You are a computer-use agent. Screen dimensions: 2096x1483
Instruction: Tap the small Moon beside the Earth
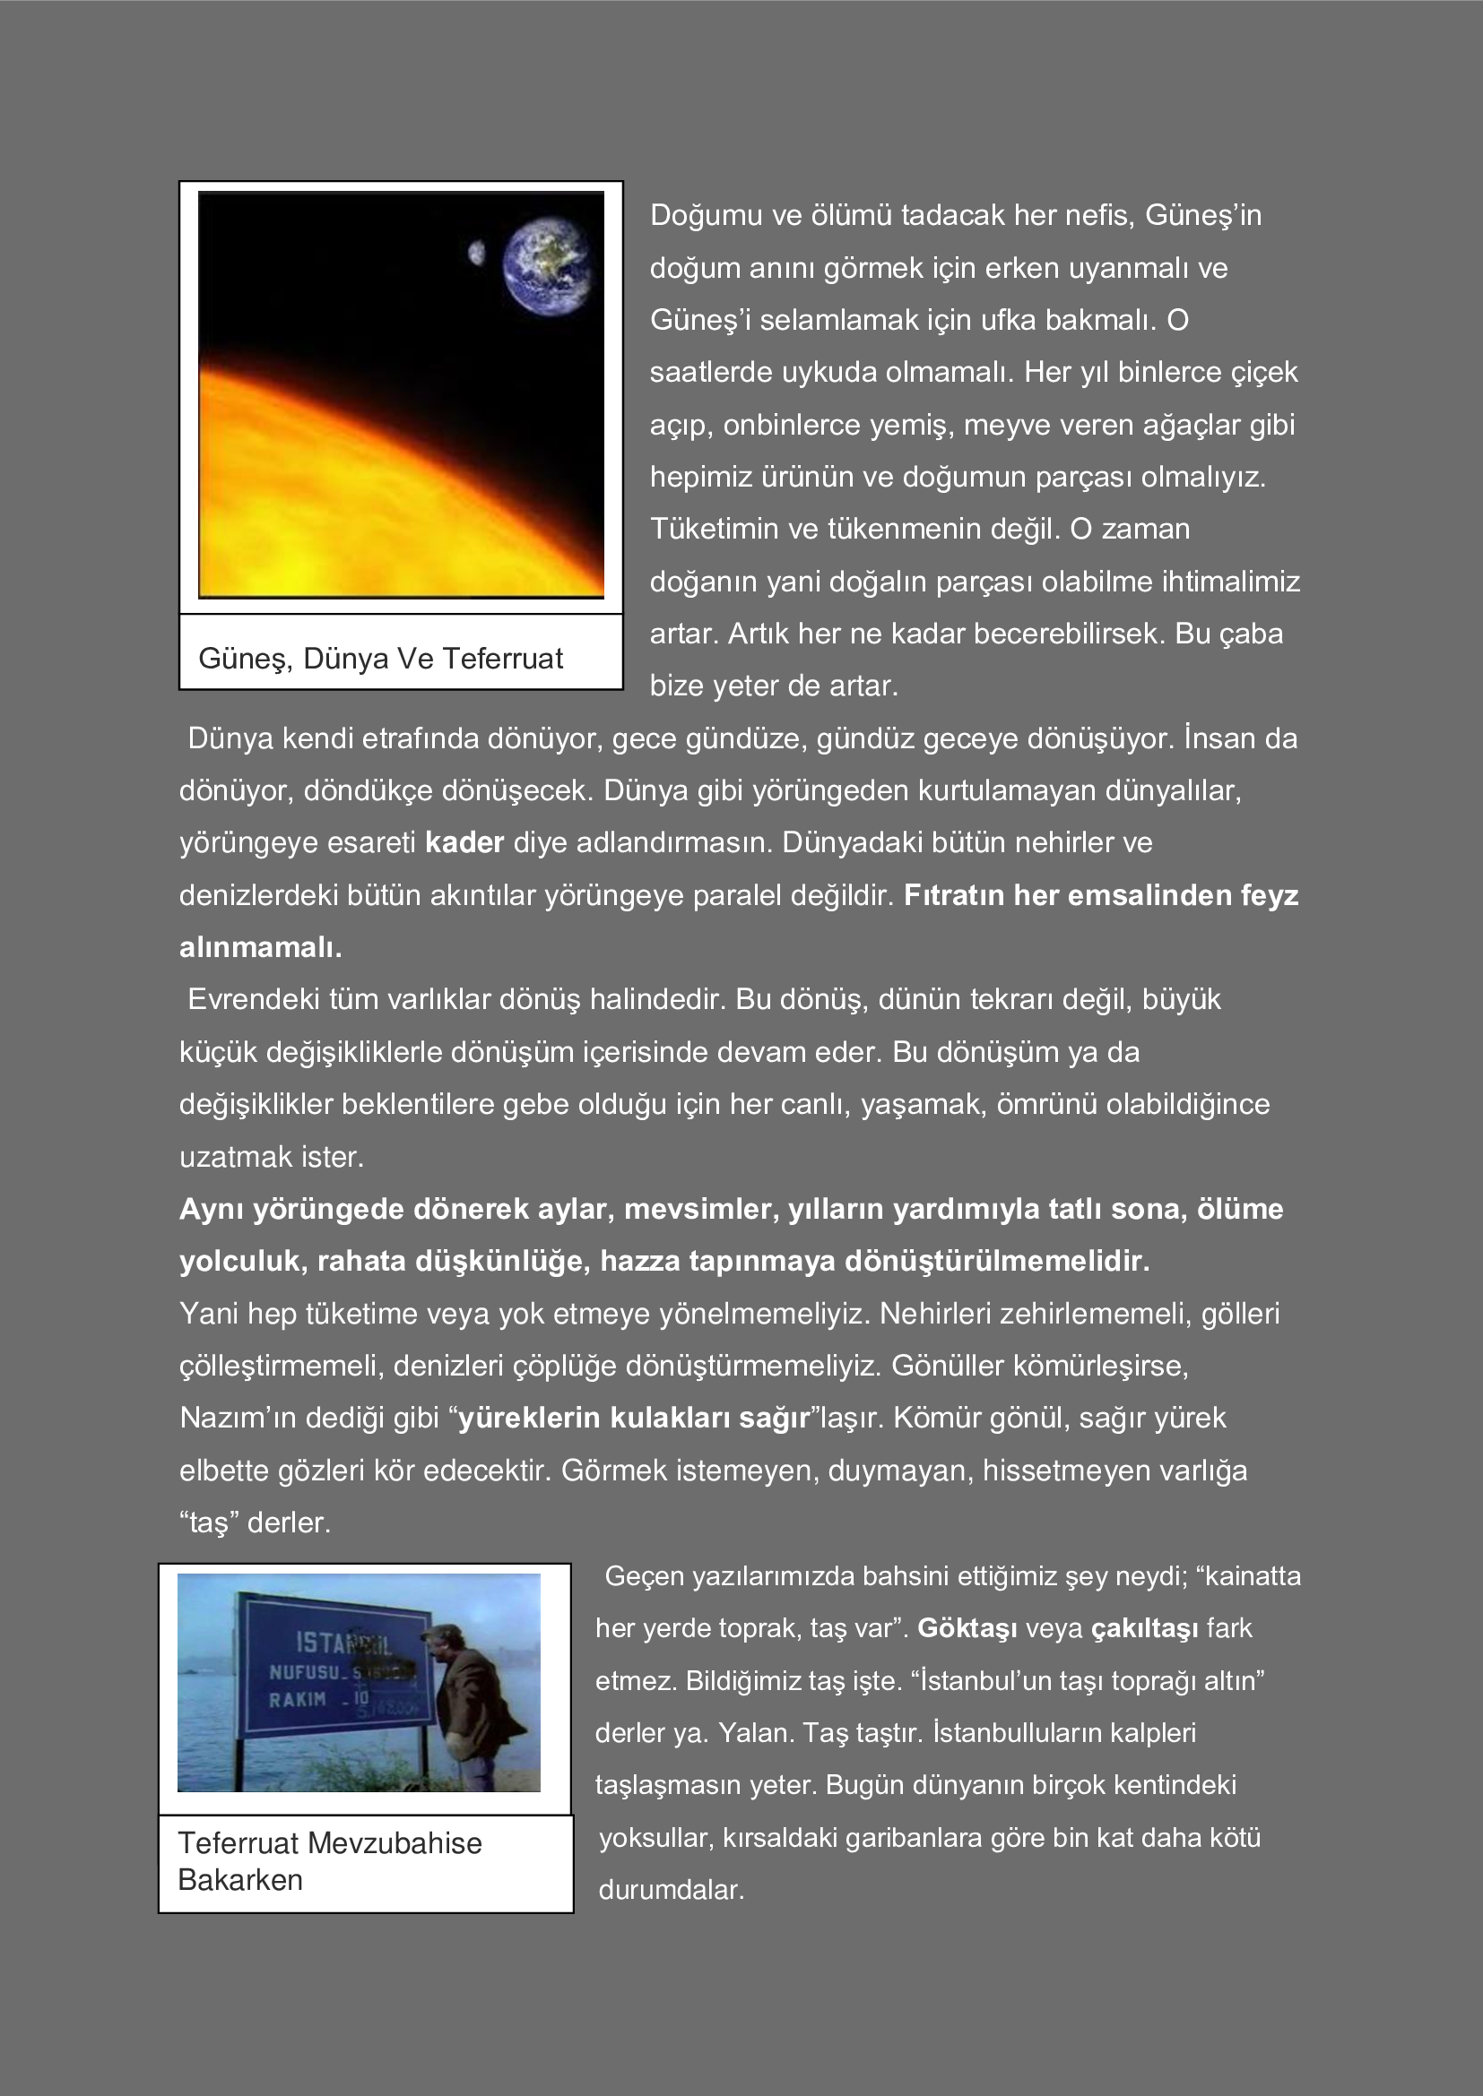(x=476, y=253)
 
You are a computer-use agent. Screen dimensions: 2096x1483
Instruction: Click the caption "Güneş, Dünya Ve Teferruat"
(x=380, y=659)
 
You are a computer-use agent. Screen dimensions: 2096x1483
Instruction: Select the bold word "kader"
(x=464, y=841)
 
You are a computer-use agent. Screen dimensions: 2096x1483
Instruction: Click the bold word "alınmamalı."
(x=260, y=946)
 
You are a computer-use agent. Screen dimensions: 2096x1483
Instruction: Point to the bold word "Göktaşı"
(x=967, y=1627)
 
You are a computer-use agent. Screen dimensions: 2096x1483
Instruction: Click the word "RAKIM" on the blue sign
(x=297, y=1700)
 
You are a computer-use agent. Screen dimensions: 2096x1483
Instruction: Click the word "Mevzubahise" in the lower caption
(x=395, y=1842)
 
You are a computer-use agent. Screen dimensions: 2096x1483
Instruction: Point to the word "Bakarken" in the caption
(x=239, y=1880)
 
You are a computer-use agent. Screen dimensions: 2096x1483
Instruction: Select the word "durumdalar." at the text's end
(x=672, y=1889)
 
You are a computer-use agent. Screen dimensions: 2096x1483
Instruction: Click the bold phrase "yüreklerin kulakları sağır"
(x=633, y=1417)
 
